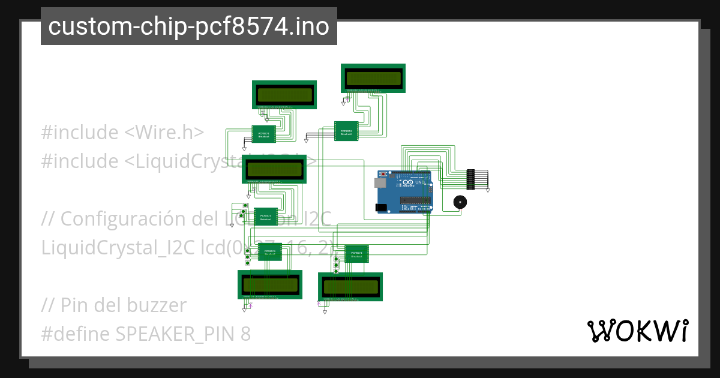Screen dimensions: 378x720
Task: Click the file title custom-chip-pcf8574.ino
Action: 188,26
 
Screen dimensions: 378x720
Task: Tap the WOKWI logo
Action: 637,331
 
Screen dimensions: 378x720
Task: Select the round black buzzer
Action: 459,202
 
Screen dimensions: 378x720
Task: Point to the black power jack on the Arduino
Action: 381,208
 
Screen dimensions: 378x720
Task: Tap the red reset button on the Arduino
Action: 383,174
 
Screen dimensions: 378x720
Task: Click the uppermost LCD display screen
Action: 373,78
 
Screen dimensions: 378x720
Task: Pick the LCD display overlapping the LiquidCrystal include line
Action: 274,169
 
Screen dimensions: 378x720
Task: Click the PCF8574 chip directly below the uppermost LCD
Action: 346,131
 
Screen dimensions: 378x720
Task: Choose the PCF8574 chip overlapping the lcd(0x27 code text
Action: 270,253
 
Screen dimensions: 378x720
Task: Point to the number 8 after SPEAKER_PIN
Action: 245,334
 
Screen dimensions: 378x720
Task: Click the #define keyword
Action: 75,334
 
